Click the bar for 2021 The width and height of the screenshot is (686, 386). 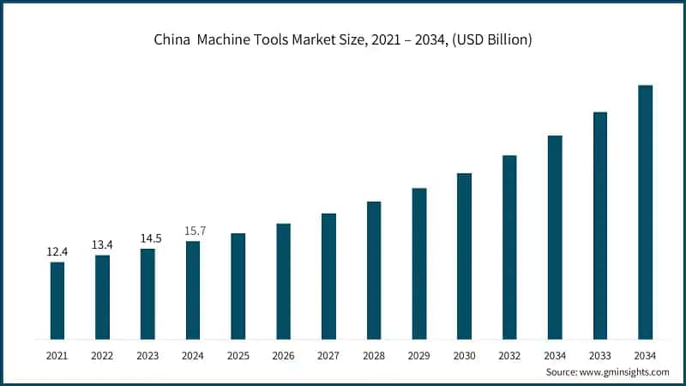(57, 300)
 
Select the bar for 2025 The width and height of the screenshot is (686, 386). (238, 286)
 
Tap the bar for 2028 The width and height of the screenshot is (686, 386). (374, 270)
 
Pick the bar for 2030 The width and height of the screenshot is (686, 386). (465, 256)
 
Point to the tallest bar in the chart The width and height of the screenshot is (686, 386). (646, 212)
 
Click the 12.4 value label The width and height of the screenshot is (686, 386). (57, 251)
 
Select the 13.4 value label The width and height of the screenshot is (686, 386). (103, 244)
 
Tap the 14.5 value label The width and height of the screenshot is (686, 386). (148, 238)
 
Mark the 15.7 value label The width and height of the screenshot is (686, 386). (194, 230)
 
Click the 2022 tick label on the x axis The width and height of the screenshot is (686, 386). (103, 354)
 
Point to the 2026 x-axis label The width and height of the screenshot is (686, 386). (284, 354)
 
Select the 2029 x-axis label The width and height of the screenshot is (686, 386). (419, 354)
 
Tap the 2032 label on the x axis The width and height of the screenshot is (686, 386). (510, 354)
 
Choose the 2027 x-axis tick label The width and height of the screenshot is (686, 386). (329, 354)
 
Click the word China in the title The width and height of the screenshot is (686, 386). (171, 40)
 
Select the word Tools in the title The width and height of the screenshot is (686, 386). (297, 40)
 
